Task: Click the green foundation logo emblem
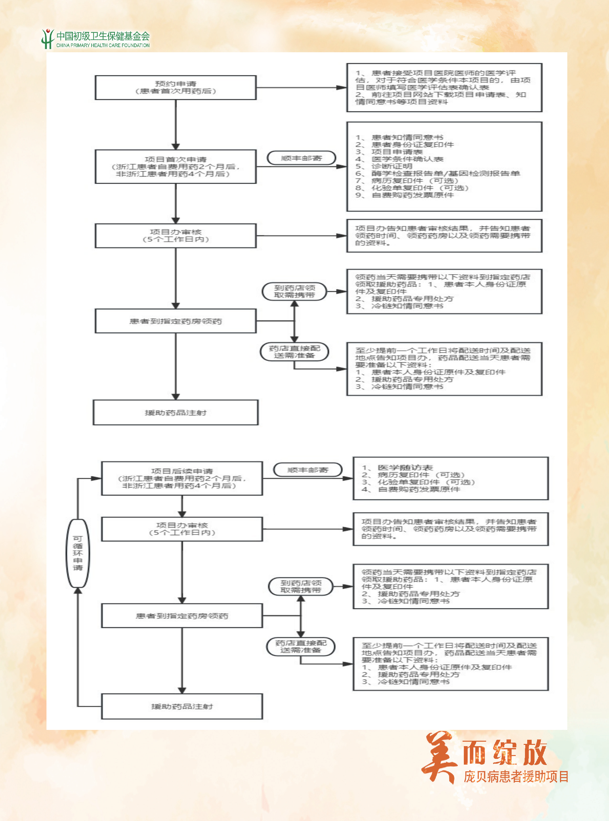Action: pyautogui.click(x=47, y=39)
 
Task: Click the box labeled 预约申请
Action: pyautogui.click(x=175, y=87)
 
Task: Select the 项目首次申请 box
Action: pyautogui.click(x=175, y=166)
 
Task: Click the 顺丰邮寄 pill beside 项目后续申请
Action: pyautogui.click(x=308, y=470)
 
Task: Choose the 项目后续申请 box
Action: pyautogui.click(x=182, y=478)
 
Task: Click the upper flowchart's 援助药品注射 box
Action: pyautogui.click(x=175, y=412)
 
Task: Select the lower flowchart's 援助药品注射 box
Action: pyautogui.click(x=182, y=706)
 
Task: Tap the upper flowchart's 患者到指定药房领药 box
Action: pyautogui.click(x=175, y=321)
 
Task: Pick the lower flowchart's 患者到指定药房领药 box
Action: pyautogui.click(x=182, y=616)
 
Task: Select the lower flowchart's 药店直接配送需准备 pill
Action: pyautogui.click(x=301, y=646)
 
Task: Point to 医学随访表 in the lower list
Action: pyautogui.click(x=405, y=468)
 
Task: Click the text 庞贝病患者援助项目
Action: pyautogui.click(x=516, y=777)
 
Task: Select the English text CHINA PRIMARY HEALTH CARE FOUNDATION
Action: pyautogui.click(x=103, y=45)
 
